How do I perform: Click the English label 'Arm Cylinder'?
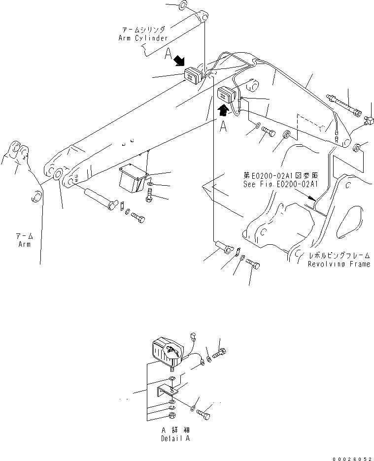(143, 38)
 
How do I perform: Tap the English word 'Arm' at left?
(24, 244)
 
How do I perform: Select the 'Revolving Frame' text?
(339, 264)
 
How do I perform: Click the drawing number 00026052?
(352, 457)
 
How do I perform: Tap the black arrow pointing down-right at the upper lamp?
(179, 61)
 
